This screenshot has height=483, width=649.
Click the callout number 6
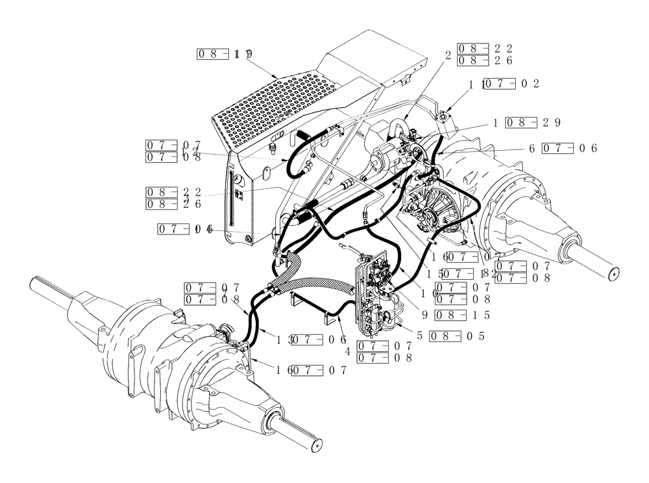click(x=532, y=148)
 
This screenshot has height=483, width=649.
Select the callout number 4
click(x=348, y=351)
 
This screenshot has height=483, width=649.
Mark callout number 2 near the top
click(x=447, y=55)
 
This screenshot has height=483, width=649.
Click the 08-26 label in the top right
click(x=485, y=60)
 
